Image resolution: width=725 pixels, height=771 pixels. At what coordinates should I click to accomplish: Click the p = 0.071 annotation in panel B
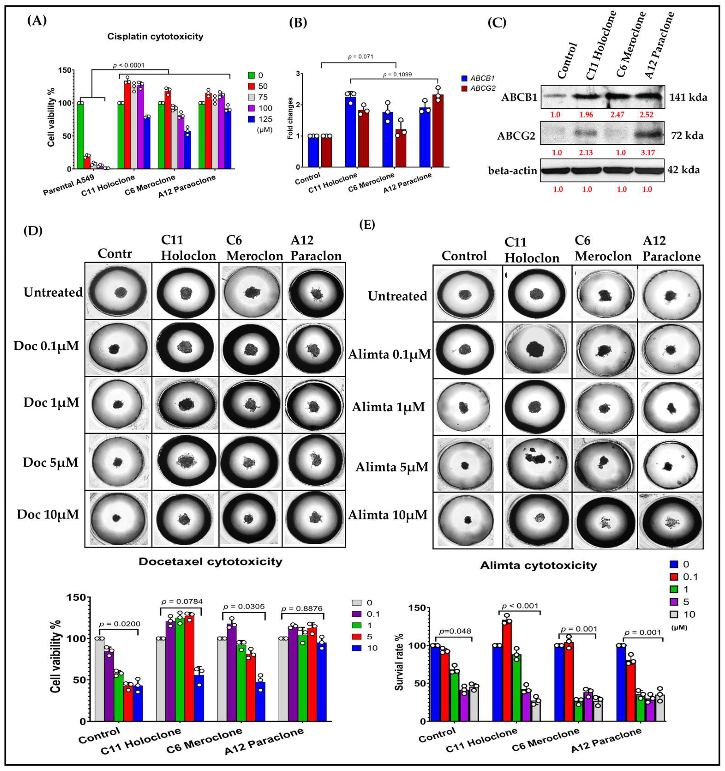coord(361,57)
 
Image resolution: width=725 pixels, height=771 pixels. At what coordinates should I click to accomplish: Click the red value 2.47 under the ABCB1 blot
coord(617,115)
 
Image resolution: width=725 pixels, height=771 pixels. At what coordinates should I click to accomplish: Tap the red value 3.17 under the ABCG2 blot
coord(647,152)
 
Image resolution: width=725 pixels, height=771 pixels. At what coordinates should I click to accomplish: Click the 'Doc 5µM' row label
coord(50,462)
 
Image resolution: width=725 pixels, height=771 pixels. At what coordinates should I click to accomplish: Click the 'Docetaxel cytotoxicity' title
coord(211,562)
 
